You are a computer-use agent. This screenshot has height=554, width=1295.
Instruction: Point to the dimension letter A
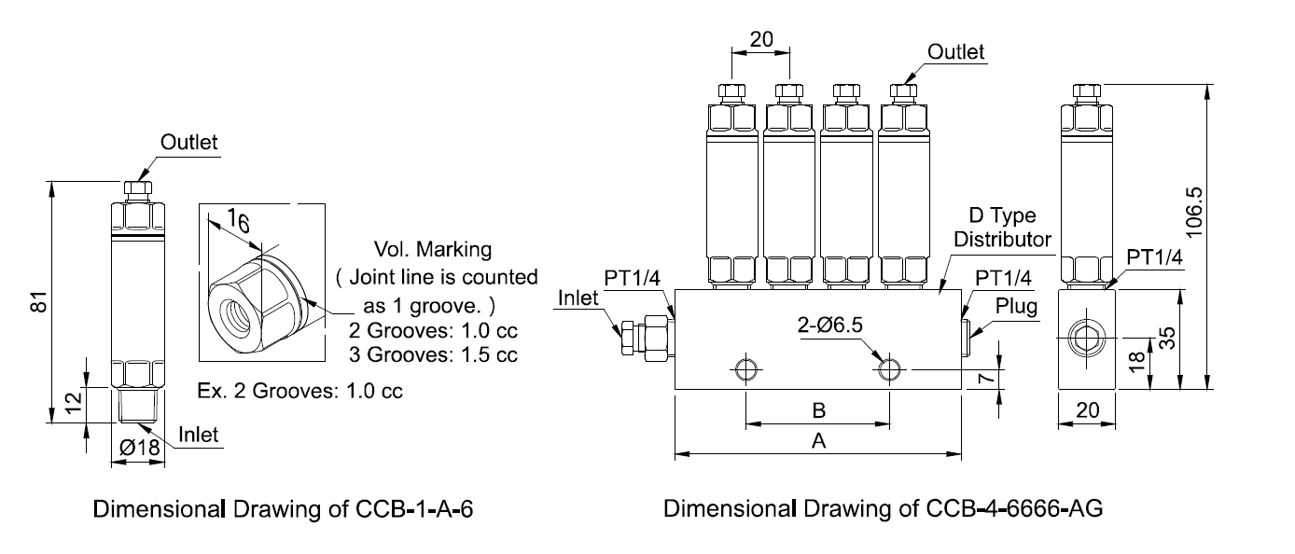tap(818, 443)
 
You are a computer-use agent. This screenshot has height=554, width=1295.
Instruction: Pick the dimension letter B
tap(818, 411)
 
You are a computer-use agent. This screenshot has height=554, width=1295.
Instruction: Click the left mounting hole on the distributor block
tap(745, 369)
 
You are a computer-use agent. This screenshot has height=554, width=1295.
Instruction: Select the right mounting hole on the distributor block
tap(889, 369)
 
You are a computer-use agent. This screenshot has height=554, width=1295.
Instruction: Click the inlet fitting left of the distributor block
tap(644, 336)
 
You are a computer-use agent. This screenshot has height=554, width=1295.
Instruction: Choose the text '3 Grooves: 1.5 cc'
tap(433, 354)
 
